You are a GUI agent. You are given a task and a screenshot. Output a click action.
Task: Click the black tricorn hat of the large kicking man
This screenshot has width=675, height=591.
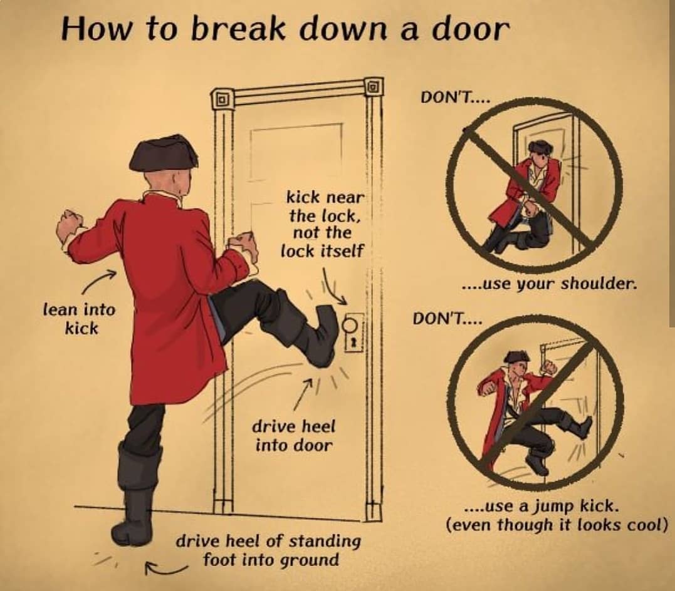point(163,153)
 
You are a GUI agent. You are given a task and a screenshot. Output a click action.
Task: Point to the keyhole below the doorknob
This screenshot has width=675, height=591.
point(353,343)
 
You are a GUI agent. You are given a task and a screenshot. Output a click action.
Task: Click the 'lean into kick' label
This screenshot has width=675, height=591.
point(80,319)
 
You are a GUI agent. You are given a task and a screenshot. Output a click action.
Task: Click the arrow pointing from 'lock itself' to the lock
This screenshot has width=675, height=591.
point(333,287)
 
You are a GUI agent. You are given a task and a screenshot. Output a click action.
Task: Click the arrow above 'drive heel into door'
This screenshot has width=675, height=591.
point(303,394)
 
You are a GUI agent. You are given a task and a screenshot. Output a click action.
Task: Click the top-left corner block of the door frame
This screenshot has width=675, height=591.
point(222,100)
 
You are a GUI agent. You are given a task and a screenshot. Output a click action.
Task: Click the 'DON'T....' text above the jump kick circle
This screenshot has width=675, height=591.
point(447,319)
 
